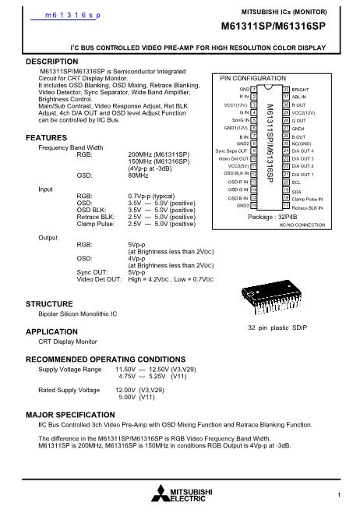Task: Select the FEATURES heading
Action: pyautogui.click(x=46, y=115)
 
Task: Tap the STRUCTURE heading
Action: pyautogui.click(x=51, y=303)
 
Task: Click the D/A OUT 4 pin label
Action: pyautogui.click(x=303, y=149)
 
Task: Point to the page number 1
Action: pyautogui.click(x=341, y=494)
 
